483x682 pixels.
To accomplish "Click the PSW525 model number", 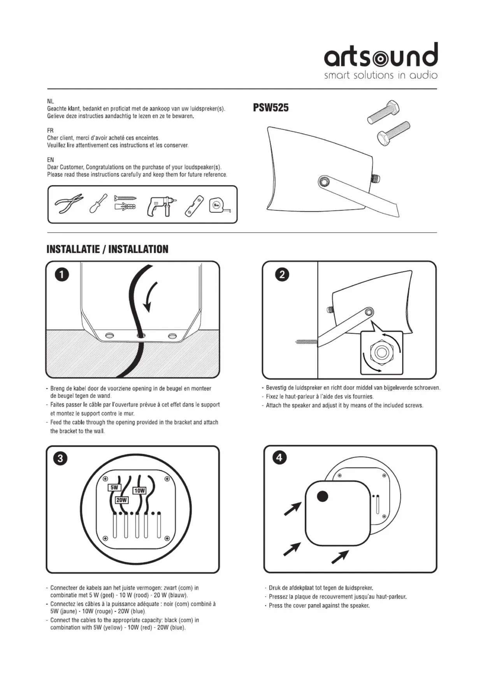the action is click(271, 108).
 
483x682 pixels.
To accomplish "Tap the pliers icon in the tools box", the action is click(69, 204).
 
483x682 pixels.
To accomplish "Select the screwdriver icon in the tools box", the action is click(98, 203).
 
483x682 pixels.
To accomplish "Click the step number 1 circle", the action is click(62, 275).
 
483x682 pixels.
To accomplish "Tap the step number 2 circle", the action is click(282, 275).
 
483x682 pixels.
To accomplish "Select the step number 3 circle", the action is click(60, 458).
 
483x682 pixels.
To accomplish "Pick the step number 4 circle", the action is click(279, 458).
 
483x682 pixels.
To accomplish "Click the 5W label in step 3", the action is click(114, 488).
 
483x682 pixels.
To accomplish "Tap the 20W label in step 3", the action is click(122, 500).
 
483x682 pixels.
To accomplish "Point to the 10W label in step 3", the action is click(139, 491).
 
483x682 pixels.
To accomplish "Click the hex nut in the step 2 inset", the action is click(381, 352).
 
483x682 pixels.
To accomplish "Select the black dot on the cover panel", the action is click(323, 496).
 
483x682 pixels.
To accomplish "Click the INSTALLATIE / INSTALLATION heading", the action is click(107, 249).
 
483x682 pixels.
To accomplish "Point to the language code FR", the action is click(50, 131).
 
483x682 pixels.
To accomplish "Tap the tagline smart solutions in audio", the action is click(381, 75).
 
